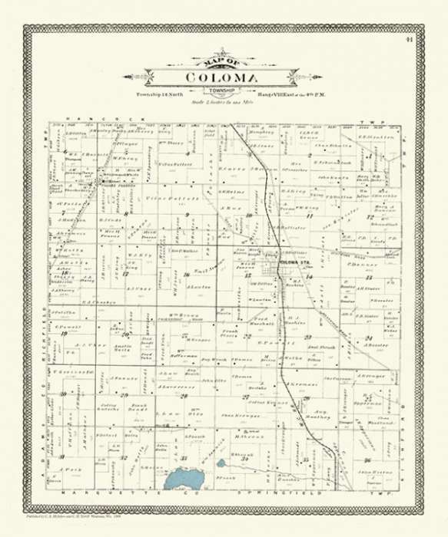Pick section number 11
(310, 217)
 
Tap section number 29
(124, 395)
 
